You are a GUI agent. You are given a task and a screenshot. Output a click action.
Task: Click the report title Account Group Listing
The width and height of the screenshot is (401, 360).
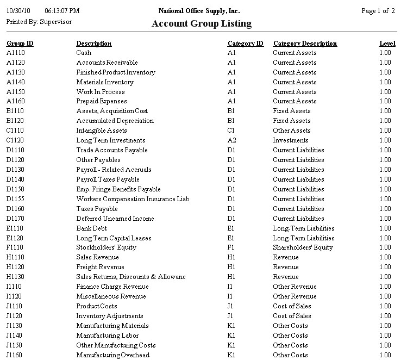(x=201, y=23)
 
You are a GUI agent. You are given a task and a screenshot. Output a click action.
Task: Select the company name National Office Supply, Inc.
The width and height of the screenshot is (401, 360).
(x=199, y=11)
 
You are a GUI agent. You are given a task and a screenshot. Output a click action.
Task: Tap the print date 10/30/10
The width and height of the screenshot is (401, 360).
(x=18, y=11)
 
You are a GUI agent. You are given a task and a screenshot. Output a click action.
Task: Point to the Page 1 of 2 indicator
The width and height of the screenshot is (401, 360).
(x=378, y=11)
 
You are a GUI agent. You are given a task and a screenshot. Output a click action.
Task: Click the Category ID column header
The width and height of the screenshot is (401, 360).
(x=246, y=44)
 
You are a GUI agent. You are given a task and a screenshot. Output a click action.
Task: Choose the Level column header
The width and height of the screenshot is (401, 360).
(x=387, y=44)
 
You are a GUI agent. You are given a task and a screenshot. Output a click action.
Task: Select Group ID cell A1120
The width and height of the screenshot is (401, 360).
(x=16, y=63)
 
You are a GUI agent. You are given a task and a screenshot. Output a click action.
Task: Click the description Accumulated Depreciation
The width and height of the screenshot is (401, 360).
(x=115, y=121)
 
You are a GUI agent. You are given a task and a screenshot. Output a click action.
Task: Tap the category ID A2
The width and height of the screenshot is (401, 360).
(x=231, y=140)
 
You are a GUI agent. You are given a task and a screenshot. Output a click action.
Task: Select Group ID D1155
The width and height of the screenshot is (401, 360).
(x=16, y=199)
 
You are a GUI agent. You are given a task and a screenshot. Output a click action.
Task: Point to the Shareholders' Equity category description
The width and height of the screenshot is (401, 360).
(x=303, y=247)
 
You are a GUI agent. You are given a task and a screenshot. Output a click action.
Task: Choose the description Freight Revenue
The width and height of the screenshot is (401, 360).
(x=100, y=267)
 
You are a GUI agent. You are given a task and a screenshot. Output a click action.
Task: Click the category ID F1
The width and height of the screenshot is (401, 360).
(x=231, y=247)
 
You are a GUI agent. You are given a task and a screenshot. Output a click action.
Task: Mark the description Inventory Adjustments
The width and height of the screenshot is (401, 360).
(x=110, y=316)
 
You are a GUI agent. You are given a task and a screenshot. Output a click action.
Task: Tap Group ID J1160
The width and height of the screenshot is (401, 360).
(x=15, y=355)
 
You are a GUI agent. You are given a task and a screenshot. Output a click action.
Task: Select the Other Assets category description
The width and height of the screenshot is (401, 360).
(x=292, y=131)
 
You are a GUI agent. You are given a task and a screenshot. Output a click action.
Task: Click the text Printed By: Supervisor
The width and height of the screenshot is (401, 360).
(x=39, y=22)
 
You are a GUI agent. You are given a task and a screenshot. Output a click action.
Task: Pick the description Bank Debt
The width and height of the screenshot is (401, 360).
(x=91, y=228)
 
